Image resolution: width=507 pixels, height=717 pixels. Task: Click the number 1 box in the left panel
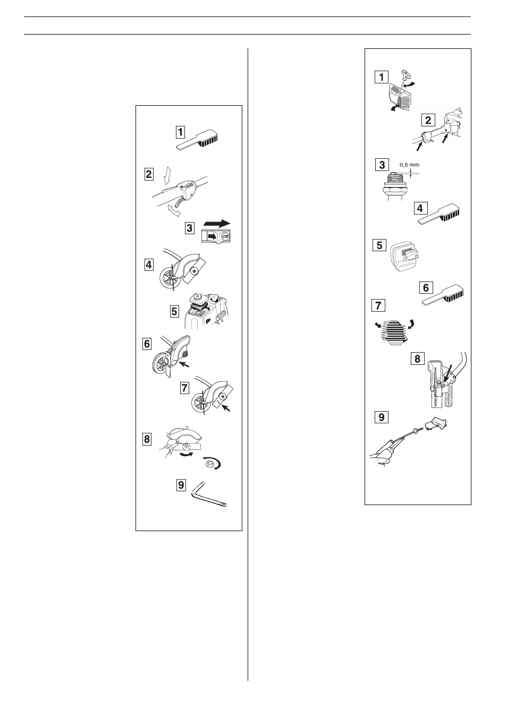(x=181, y=132)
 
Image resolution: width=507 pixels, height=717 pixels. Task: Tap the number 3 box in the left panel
(x=190, y=229)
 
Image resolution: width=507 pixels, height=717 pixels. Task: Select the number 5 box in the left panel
(x=174, y=311)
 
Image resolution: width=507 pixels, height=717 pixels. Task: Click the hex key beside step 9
(x=208, y=494)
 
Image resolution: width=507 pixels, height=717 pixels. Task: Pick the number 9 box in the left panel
(x=182, y=485)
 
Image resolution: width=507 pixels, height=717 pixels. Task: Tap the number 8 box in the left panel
(x=147, y=439)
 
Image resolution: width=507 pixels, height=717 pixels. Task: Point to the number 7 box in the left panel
(x=184, y=388)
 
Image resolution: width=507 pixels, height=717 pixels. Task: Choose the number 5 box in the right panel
(x=379, y=245)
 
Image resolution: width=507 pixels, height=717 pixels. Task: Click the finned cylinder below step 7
(x=394, y=333)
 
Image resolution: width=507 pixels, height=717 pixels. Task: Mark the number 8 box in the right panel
(x=417, y=359)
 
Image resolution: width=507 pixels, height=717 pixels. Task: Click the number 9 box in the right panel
(x=381, y=417)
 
